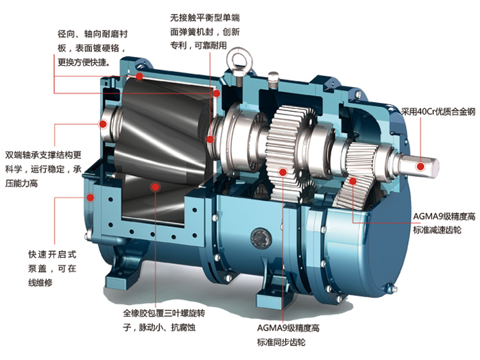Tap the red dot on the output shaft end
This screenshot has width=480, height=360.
click(x=420, y=167)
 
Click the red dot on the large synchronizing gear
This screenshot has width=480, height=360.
click(x=283, y=172)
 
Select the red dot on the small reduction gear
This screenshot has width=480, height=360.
click(x=353, y=181)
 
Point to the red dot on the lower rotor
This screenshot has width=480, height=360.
click(x=156, y=187)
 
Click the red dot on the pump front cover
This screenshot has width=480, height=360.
click(x=90, y=197)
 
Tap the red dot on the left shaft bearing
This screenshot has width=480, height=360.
click(x=103, y=124)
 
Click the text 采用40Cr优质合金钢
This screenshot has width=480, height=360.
click(x=438, y=112)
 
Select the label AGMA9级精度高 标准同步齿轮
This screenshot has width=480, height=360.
click(x=288, y=335)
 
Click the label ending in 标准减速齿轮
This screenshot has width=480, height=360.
click(x=444, y=223)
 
